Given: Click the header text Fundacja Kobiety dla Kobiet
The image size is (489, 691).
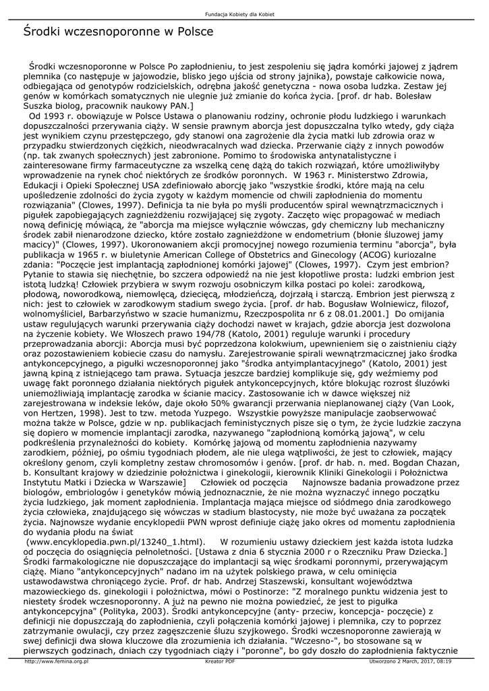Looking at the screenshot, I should (x=244, y=14).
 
